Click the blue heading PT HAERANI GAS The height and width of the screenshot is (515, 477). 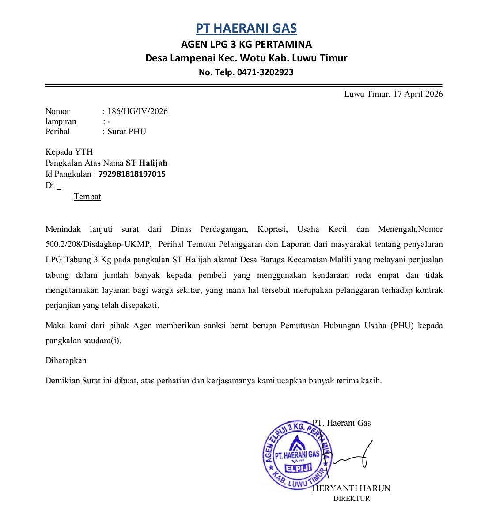[x=246, y=29]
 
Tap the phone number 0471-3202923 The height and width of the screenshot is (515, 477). [x=265, y=72]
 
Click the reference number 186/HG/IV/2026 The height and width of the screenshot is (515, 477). [x=137, y=111]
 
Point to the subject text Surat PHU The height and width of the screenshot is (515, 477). [x=127, y=132]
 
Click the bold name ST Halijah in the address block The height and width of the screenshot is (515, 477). [x=147, y=163]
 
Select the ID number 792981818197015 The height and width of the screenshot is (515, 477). [x=132, y=174]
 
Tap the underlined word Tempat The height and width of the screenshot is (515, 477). [x=87, y=197]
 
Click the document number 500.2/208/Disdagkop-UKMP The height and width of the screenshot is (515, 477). [x=98, y=244]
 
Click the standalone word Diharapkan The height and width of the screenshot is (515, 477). [x=66, y=360]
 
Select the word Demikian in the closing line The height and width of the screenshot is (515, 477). [x=62, y=380]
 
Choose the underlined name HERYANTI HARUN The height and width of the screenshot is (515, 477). [x=352, y=488]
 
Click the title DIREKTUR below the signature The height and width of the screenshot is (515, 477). [x=351, y=499]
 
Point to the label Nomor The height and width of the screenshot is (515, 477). [x=57, y=111]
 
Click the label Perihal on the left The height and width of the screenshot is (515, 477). [x=57, y=132]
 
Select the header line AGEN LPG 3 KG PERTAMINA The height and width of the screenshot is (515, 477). [x=246, y=44]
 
